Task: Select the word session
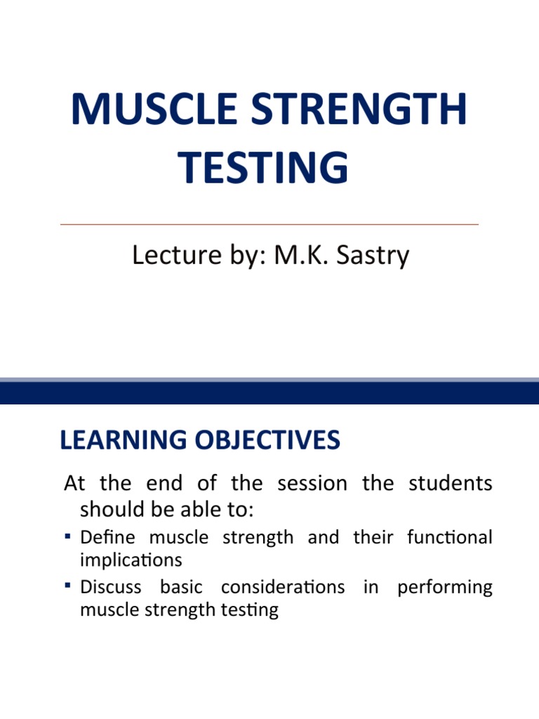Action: click(x=312, y=484)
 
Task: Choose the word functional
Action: click(x=449, y=538)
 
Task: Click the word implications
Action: click(x=131, y=560)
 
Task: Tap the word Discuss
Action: click(x=111, y=587)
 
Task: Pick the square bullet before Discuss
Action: click(x=67, y=586)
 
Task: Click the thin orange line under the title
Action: click(x=269, y=224)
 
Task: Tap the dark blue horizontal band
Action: click(x=269, y=393)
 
